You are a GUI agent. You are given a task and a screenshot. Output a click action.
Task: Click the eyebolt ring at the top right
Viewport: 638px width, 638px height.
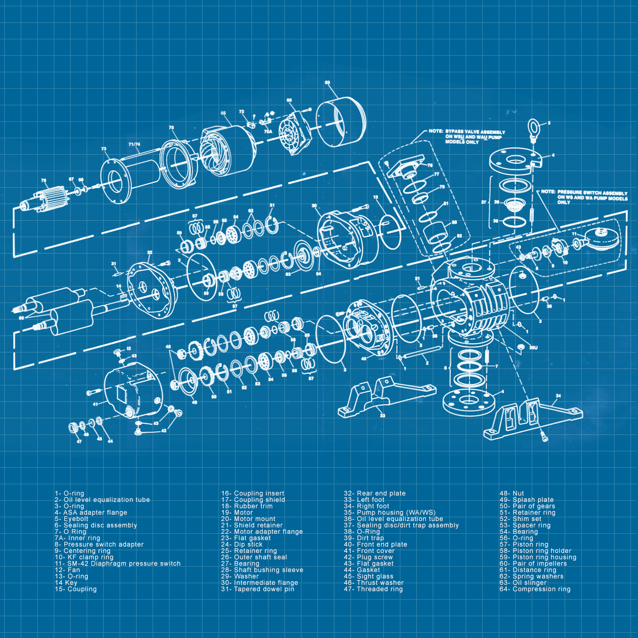click(533, 128)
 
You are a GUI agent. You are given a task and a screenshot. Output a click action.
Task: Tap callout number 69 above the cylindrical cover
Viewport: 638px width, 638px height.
click(328, 82)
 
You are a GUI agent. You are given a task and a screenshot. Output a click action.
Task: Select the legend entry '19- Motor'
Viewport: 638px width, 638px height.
click(237, 513)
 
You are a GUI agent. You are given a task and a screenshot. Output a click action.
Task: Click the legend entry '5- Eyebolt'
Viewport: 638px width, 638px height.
click(71, 519)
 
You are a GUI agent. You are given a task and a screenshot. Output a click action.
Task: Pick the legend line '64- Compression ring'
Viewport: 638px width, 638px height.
click(535, 589)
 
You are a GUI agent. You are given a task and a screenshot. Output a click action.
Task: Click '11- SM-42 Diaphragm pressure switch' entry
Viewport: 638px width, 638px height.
click(117, 564)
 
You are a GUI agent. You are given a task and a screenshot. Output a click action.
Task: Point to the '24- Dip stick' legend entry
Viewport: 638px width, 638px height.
click(242, 544)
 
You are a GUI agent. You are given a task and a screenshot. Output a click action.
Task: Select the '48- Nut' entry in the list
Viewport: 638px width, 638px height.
click(511, 493)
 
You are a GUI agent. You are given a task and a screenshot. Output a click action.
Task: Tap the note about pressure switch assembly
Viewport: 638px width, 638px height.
click(584, 197)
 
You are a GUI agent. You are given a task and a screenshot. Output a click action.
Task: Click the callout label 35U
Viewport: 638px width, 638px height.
click(533, 348)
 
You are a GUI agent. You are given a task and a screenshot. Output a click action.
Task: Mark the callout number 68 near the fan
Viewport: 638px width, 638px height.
click(289, 100)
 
